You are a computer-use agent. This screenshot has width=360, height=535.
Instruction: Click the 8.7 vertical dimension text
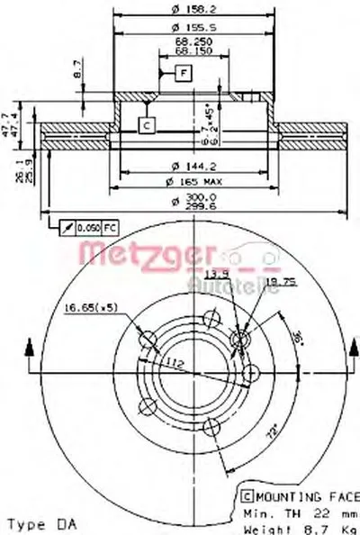pos(78,67)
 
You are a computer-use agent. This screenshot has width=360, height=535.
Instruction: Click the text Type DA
pos(40,523)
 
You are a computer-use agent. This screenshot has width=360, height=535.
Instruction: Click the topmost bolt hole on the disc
pos(212,316)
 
